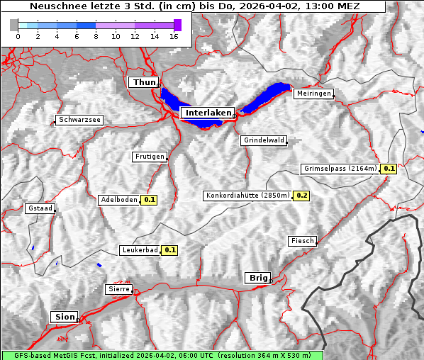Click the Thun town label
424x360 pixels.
point(144,83)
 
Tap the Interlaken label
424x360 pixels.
point(206,113)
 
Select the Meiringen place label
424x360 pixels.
point(313,94)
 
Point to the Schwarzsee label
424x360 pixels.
point(79,120)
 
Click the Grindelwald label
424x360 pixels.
point(264,140)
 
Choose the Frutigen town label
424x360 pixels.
point(149,157)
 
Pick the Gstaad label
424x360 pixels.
point(40,209)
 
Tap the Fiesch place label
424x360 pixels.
point(302,241)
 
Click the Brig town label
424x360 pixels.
point(257,278)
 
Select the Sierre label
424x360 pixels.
point(118,289)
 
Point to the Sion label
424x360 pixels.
point(65,317)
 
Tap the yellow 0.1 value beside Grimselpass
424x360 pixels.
point(389,169)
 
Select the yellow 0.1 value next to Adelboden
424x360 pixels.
point(150,200)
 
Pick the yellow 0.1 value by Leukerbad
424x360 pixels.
point(170,250)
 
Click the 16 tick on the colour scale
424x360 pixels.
point(174,36)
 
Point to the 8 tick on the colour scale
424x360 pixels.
point(96,36)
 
